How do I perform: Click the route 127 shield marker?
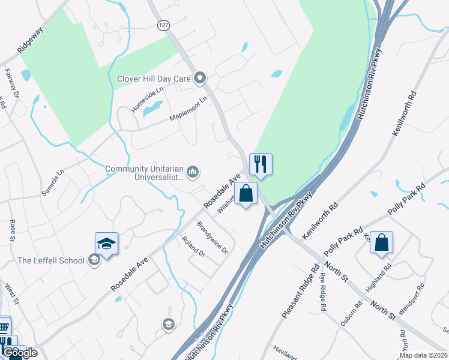[163, 25]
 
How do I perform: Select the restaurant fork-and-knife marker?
[261, 163]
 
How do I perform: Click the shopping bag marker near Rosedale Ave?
[246, 193]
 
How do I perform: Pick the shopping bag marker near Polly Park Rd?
[381, 242]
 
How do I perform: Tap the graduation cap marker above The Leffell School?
[107, 244]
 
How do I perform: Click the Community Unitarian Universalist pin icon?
[193, 173]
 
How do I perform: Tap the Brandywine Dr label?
[213, 238]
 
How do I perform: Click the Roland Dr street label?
[193, 246]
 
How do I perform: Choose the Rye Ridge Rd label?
[323, 290]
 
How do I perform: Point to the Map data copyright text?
[423, 355]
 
